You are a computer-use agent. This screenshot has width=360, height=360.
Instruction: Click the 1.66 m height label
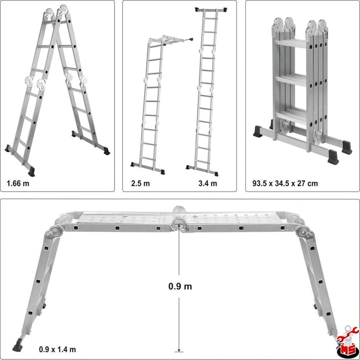click(x=19, y=182)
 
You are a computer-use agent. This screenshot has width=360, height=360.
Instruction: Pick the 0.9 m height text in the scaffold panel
click(x=180, y=286)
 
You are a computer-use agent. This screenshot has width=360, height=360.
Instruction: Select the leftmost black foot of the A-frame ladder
click(x=8, y=148)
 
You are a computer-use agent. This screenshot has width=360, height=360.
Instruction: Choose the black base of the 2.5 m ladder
click(x=148, y=164)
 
